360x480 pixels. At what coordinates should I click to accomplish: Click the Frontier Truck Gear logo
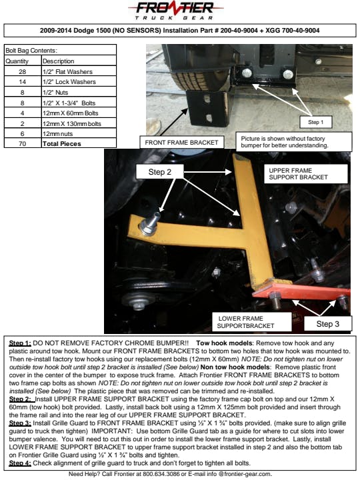coord(175,11)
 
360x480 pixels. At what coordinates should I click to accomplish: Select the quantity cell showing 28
coord(23,71)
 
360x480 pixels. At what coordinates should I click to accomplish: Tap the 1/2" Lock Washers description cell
coord(79,82)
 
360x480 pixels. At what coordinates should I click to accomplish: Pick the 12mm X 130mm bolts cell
coord(79,124)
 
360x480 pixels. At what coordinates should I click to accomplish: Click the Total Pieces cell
coord(79,143)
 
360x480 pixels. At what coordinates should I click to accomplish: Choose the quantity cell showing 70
coord(23,143)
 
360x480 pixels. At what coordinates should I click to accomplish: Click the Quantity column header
coord(23,61)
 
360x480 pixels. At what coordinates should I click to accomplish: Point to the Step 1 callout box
coord(315,122)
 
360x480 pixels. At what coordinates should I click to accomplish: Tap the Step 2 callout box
coord(160,172)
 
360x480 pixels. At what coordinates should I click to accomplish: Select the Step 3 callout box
coord(328,323)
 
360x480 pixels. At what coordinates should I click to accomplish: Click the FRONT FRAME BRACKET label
coord(181,143)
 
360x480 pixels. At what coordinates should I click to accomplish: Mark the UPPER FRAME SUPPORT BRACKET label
coord(306,174)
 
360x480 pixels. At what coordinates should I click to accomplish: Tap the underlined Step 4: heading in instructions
coord(20,463)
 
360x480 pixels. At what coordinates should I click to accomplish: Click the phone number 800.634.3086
coord(161,474)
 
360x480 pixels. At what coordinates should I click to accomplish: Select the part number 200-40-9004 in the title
coord(239,30)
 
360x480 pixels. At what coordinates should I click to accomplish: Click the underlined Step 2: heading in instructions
coord(20,399)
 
